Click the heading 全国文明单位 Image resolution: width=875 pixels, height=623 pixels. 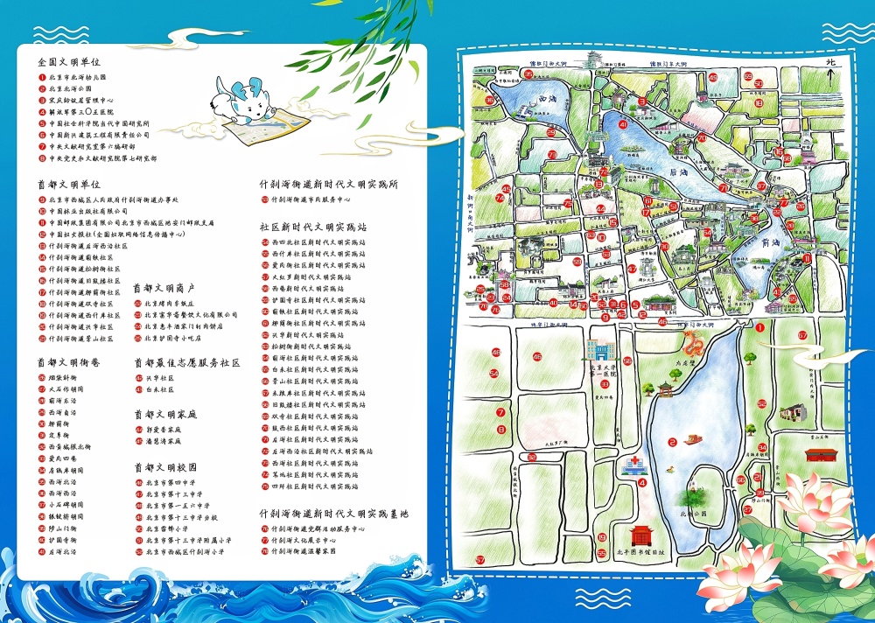pyautogui.click(x=69, y=63)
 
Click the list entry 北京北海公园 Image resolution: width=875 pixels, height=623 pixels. pyautogui.click(x=70, y=89)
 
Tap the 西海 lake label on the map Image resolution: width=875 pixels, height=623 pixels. pyautogui.click(x=548, y=100)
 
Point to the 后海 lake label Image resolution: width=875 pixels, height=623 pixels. pyautogui.click(x=674, y=172)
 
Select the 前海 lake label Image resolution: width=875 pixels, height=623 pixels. pyautogui.click(x=770, y=242)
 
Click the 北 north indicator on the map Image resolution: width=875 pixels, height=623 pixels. pyautogui.click(x=832, y=63)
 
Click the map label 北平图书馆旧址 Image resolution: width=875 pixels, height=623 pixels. pyautogui.click(x=647, y=552)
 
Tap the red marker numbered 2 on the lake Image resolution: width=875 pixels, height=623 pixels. pyautogui.click(x=672, y=442)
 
